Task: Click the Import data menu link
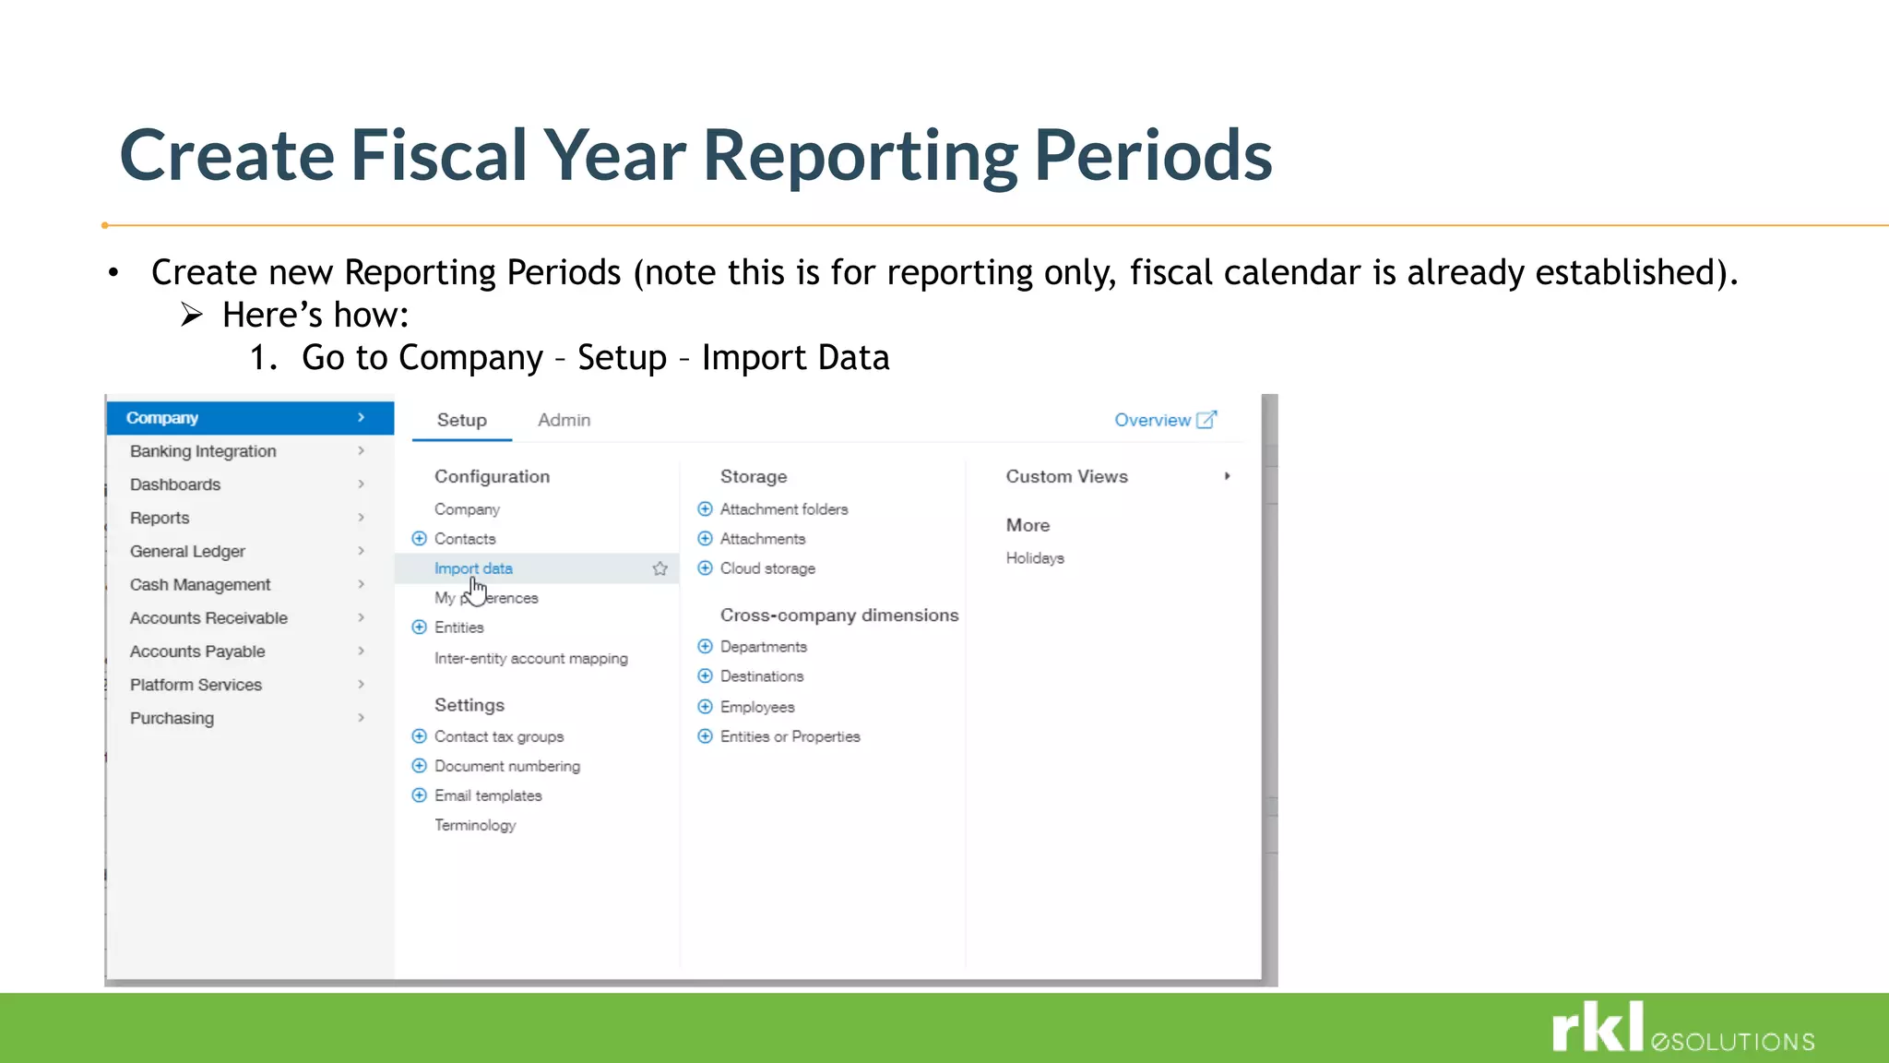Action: [x=473, y=568]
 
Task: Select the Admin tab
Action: [x=564, y=420]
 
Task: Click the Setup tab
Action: [x=461, y=420]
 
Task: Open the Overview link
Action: [x=1164, y=420]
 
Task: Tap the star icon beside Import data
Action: [x=659, y=568]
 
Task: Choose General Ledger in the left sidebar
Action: [x=187, y=551]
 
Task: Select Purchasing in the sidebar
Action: [x=172, y=718]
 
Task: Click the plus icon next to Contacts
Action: [x=419, y=538]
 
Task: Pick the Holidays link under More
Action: [x=1034, y=558]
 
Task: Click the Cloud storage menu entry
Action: [x=766, y=568]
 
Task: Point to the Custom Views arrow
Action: [x=1227, y=476]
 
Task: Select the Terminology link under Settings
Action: [x=475, y=825]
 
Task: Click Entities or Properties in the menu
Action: [x=790, y=736]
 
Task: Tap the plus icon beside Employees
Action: [x=705, y=707]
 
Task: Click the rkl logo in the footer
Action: [x=1598, y=1027]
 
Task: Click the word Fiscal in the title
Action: [x=438, y=155]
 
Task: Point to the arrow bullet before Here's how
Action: [x=191, y=316]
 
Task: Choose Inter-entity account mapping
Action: [x=530, y=658]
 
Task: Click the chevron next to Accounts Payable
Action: [x=361, y=651]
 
